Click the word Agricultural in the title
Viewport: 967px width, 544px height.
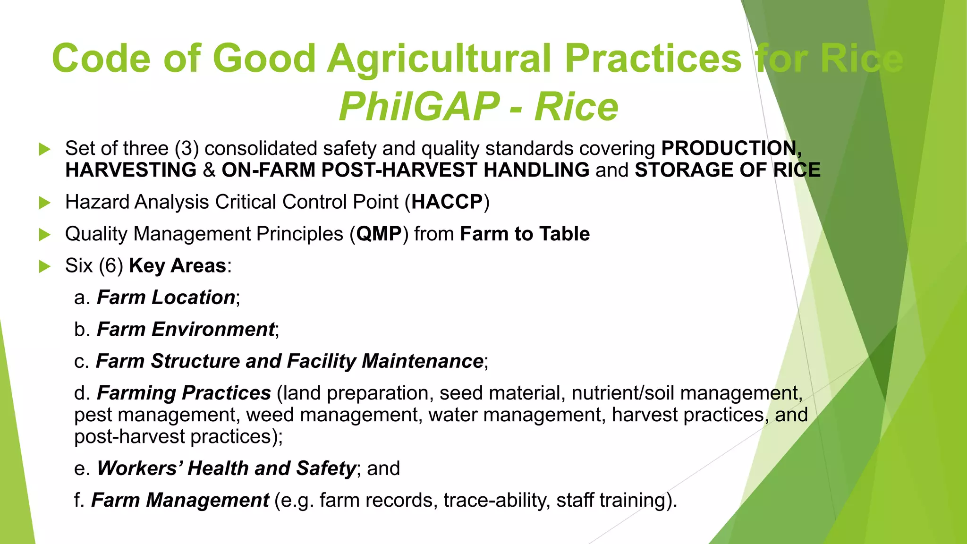(x=440, y=59)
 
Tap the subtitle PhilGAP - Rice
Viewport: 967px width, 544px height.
(x=478, y=107)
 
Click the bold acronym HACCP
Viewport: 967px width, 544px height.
(x=447, y=202)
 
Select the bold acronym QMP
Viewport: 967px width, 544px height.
(x=379, y=234)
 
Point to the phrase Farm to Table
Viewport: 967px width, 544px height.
(x=525, y=234)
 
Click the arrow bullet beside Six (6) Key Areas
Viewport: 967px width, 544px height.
(x=44, y=266)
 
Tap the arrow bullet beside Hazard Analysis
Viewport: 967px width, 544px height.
(x=44, y=203)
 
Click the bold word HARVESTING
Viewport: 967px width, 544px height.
(x=131, y=170)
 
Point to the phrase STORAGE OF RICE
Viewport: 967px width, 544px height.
(x=727, y=170)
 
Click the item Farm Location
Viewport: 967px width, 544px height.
(x=166, y=298)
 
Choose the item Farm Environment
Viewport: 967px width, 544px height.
(x=186, y=330)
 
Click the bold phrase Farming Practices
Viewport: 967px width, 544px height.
(x=184, y=393)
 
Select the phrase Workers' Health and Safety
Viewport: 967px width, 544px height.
(x=226, y=468)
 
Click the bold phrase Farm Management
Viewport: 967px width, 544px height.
(x=180, y=501)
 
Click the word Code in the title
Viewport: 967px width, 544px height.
(x=101, y=59)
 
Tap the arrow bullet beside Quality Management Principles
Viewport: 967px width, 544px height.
(x=44, y=235)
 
